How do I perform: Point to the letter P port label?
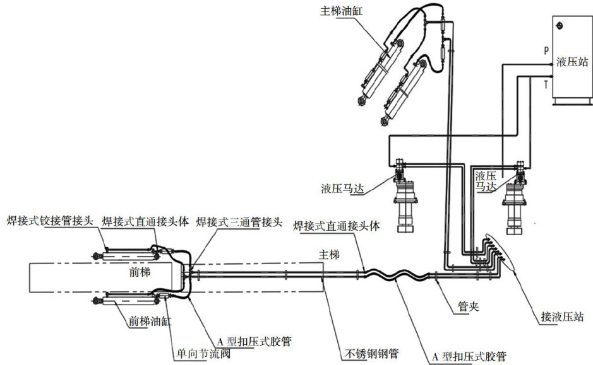546,49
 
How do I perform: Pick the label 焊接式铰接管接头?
50,221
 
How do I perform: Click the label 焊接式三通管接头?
231,221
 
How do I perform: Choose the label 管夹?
468,307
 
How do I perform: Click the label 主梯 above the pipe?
329,254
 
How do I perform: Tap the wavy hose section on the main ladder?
392,275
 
